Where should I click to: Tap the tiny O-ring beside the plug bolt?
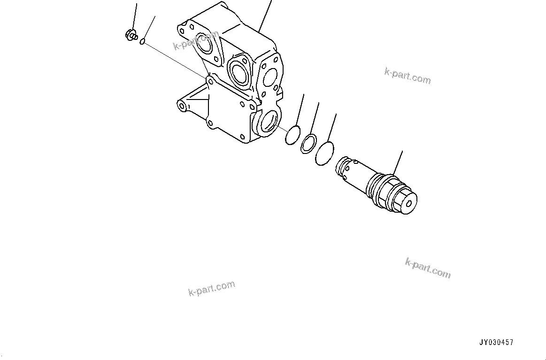point(142,42)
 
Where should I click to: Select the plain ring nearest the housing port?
point(292,135)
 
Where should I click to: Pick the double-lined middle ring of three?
point(308,143)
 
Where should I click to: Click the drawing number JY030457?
point(496,343)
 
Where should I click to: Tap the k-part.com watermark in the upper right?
point(407,76)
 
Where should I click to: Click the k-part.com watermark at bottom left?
point(212,289)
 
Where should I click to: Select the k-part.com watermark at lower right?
point(428,268)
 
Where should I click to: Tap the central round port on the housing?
point(238,71)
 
